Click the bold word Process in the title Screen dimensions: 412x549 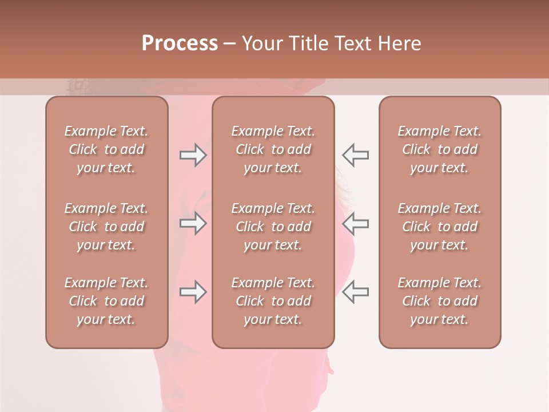(x=180, y=43)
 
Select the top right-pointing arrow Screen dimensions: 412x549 (x=193, y=155)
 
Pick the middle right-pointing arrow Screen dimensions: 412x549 (x=193, y=223)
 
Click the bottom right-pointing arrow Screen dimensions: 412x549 (x=193, y=292)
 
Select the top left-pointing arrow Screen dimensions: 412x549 (x=356, y=155)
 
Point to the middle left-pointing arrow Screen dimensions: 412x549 (x=356, y=223)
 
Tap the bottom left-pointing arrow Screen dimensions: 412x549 (x=356, y=292)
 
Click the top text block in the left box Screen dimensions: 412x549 (x=106, y=149)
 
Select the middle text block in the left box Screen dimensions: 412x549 (x=106, y=227)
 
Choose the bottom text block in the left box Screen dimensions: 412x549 (x=106, y=301)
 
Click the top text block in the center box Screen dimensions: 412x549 (x=273, y=149)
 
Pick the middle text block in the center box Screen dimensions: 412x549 (x=273, y=227)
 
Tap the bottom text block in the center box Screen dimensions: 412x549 (x=273, y=301)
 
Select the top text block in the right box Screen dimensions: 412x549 (x=440, y=149)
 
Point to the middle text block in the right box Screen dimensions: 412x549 (x=440, y=227)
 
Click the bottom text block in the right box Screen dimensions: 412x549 (x=440, y=301)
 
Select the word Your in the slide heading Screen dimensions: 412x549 (x=261, y=43)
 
